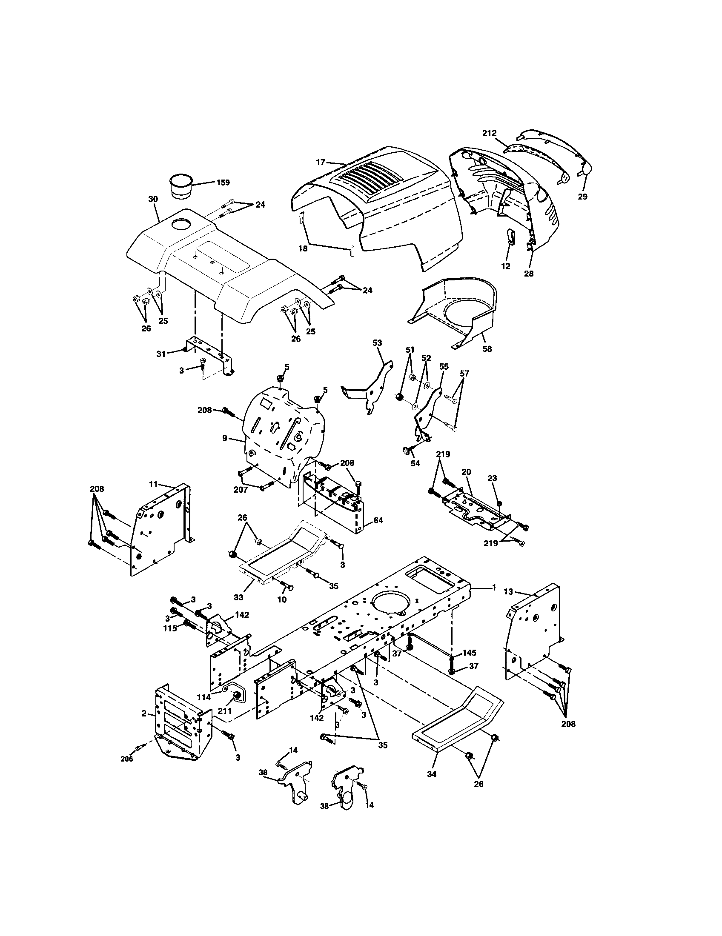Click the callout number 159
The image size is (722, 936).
(x=223, y=182)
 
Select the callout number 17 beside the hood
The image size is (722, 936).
(x=321, y=162)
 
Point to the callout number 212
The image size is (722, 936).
(x=489, y=133)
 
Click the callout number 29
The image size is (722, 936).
(x=582, y=197)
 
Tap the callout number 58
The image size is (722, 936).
(x=487, y=348)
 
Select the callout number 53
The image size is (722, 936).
(x=377, y=342)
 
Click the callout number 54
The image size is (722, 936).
(x=415, y=463)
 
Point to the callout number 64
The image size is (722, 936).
(x=378, y=520)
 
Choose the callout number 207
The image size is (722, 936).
(x=241, y=489)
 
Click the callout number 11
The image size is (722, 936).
(x=153, y=484)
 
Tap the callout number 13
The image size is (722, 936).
(x=508, y=592)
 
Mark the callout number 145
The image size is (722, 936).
(x=469, y=653)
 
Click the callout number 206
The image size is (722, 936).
(x=126, y=759)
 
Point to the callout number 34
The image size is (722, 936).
(x=432, y=774)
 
